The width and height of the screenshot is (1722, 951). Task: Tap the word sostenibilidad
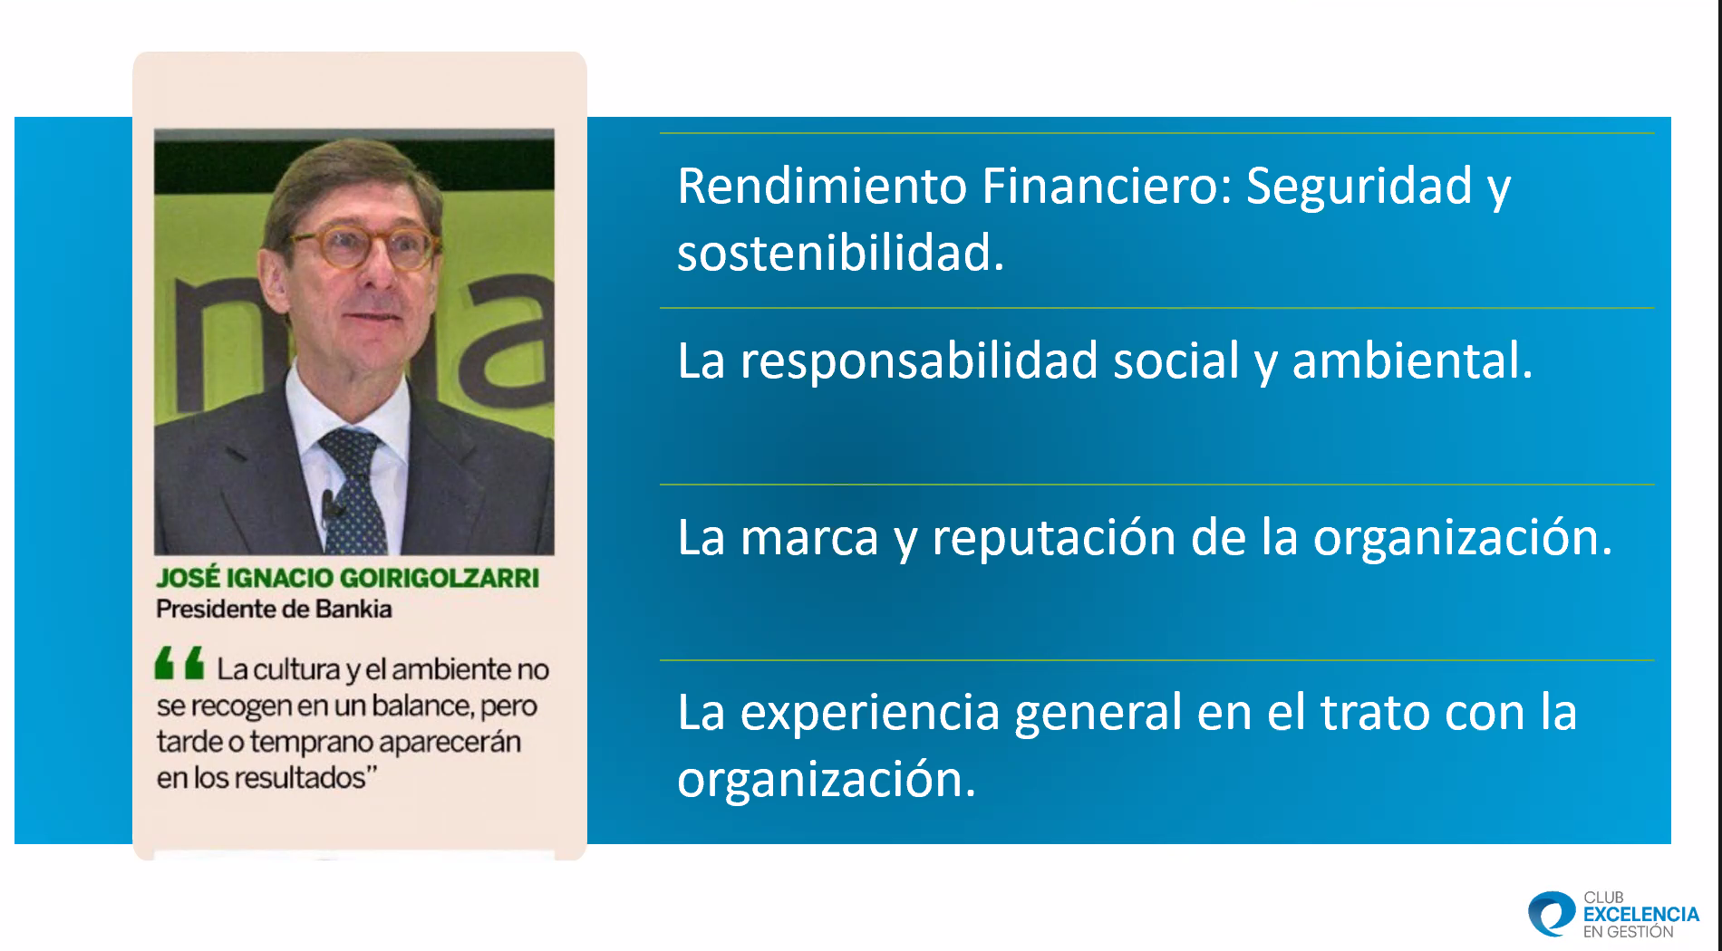[840, 253]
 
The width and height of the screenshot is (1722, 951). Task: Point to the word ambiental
[1411, 360]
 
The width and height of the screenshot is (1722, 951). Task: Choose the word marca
[809, 537]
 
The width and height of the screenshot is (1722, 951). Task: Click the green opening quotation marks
[179, 663]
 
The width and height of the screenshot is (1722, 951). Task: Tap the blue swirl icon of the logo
[1552, 913]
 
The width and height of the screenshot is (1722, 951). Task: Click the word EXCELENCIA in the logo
[1640, 915]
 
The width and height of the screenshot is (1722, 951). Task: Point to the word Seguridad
[1359, 187]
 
